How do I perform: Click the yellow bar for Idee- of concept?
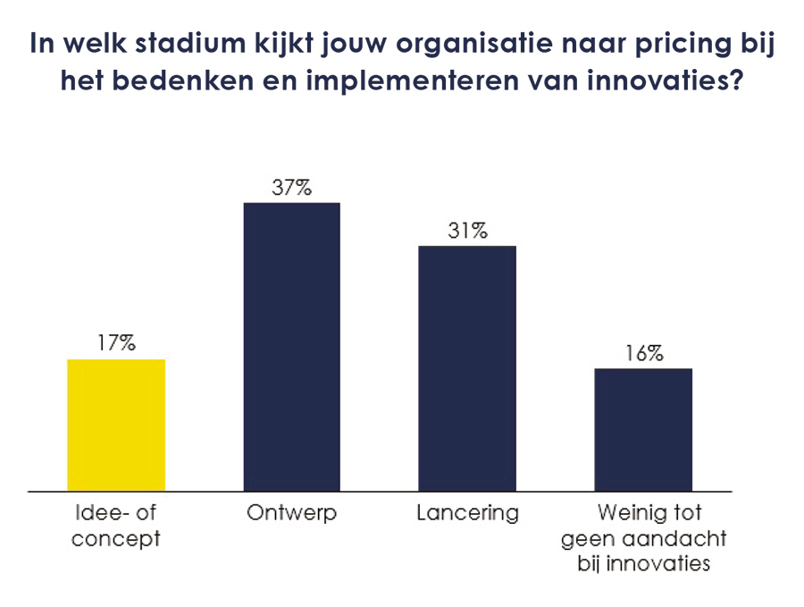(117, 425)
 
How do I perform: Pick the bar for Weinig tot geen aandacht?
(643, 429)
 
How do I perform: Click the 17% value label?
(117, 343)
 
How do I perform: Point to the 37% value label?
(292, 188)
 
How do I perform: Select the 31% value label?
(467, 231)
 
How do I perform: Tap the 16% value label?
(643, 353)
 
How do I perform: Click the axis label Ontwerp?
(292, 515)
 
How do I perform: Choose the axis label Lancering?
(467, 514)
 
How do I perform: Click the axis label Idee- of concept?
(117, 527)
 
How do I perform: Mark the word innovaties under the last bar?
(664, 564)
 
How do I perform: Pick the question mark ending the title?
(735, 81)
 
